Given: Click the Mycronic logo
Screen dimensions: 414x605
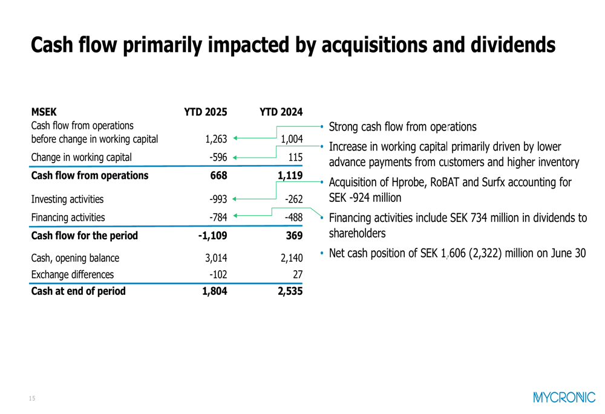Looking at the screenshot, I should (564, 398).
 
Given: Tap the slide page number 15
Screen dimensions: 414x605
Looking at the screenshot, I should (32, 398).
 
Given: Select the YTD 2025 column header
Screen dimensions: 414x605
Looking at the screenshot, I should (205, 112).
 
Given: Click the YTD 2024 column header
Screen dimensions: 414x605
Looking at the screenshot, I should (281, 112).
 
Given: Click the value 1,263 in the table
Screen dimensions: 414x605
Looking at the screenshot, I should (216, 139).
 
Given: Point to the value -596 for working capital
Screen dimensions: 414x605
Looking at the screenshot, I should (217, 158).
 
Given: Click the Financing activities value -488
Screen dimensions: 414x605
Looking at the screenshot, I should (293, 218).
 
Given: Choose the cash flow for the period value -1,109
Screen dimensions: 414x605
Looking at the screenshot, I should (212, 236).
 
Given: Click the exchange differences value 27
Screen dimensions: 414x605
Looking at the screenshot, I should (298, 274).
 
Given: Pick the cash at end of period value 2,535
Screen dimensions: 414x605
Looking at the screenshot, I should (289, 291).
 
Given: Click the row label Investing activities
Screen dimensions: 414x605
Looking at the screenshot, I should (67, 199).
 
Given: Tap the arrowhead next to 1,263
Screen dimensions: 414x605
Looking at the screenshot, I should (235, 139).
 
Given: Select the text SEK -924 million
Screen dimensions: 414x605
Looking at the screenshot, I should (365, 197).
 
